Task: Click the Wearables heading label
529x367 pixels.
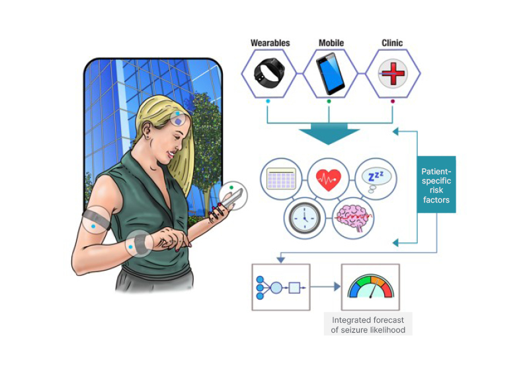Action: pos(270,44)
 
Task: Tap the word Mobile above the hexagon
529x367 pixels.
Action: pos(331,44)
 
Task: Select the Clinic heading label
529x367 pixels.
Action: pos(392,44)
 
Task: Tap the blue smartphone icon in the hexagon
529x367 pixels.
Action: pos(329,73)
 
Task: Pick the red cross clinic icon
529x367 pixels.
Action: pos(392,73)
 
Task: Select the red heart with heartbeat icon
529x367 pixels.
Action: pos(329,179)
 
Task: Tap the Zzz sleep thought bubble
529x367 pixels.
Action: pos(375,178)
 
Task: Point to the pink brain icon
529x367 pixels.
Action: pos(352,217)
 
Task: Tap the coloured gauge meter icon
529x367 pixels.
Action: pos(370,288)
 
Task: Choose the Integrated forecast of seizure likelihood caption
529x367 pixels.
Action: pos(368,325)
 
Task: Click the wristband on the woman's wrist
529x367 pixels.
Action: pos(138,245)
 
